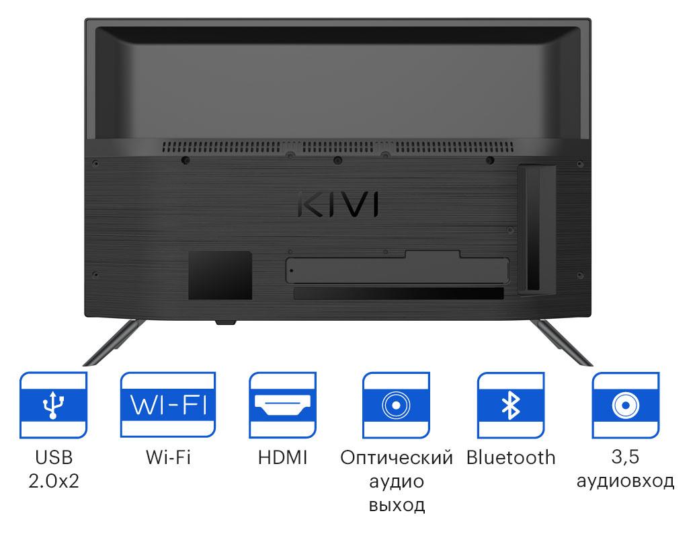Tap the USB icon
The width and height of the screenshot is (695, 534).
coord(53,404)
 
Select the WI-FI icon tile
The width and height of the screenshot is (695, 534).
coord(169,404)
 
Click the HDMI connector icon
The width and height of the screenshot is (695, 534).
coord(282,404)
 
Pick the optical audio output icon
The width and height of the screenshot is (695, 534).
coord(396,404)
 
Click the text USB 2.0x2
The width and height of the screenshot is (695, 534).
coord(54,469)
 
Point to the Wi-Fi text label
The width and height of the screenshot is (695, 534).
coord(168,458)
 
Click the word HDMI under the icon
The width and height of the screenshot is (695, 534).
coord(282,458)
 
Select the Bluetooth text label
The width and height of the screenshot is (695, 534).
coord(511,458)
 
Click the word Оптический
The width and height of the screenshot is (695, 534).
coord(396,458)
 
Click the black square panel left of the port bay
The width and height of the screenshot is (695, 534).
coord(220,275)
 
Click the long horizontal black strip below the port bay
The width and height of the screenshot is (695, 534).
coord(398,294)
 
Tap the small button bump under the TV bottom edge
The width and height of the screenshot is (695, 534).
coord(226,322)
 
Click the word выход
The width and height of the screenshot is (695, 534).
coord(397,505)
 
